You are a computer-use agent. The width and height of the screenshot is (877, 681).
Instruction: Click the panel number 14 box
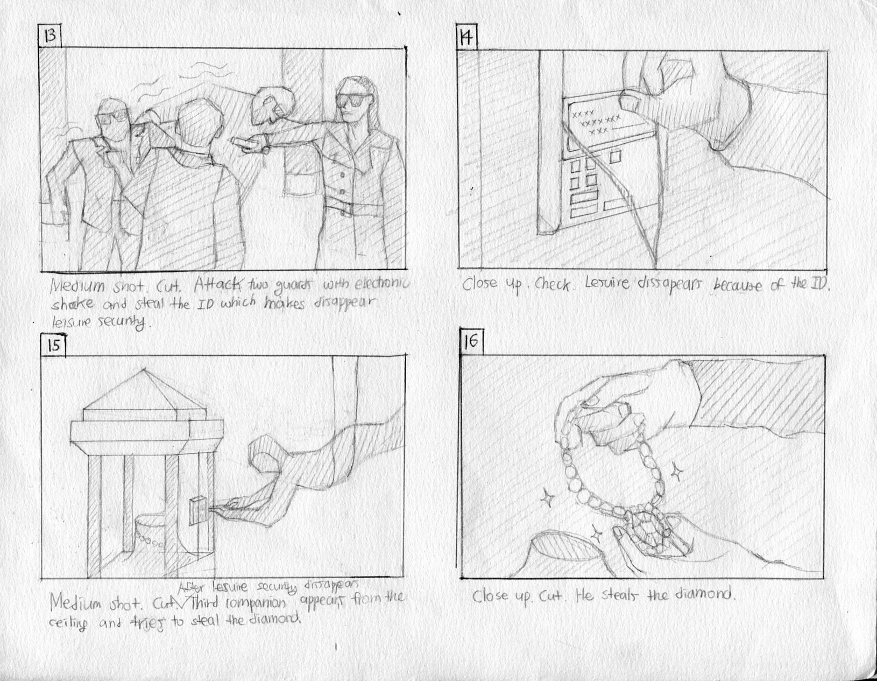(x=466, y=38)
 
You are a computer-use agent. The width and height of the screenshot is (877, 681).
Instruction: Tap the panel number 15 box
(x=53, y=345)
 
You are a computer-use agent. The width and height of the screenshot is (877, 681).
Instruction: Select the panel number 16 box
(x=471, y=342)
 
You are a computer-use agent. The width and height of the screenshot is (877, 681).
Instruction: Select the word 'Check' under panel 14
(x=554, y=285)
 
